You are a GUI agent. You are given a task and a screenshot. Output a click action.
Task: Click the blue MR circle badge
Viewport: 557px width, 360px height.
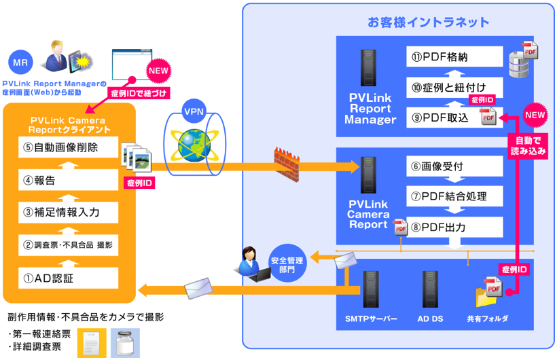(x=20, y=62)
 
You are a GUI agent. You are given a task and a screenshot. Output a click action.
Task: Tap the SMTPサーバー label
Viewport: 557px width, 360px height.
(x=370, y=319)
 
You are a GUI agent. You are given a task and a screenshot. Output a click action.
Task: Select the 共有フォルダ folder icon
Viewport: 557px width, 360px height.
(x=489, y=294)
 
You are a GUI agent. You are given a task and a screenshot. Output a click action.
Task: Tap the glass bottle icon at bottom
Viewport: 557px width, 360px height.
(x=125, y=343)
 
